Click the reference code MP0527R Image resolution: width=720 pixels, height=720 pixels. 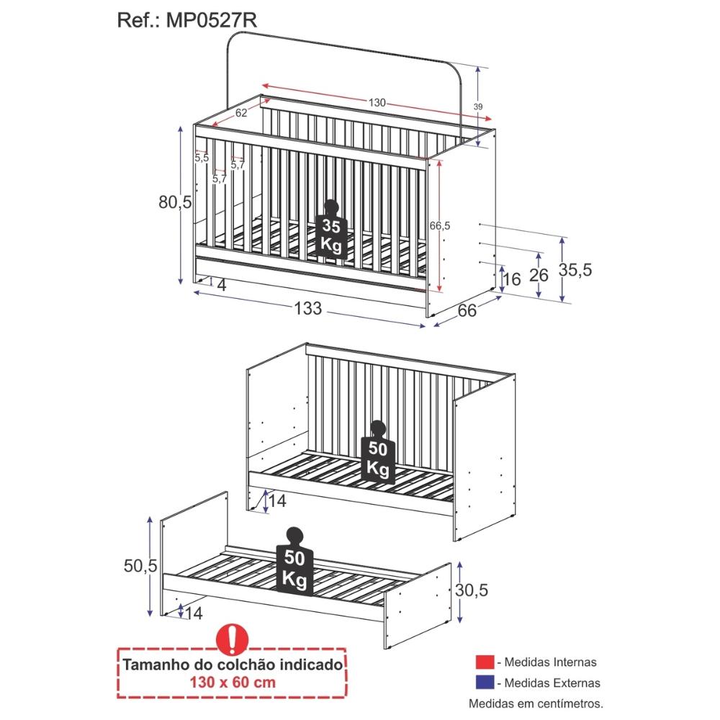tap(211, 20)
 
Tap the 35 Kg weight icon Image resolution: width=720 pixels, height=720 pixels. tap(331, 229)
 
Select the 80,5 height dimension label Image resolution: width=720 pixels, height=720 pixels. tap(175, 202)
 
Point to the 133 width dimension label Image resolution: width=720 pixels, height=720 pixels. tap(307, 309)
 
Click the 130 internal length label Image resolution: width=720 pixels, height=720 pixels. tap(377, 102)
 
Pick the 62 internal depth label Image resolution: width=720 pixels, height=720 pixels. tap(241, 112)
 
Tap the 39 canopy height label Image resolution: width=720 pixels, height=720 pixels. tap(478, 107)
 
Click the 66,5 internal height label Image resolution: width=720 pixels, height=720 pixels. tap(440, 225)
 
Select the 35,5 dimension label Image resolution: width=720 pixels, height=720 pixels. tap(575, 270)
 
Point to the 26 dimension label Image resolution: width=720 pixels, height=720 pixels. tap(539, 275)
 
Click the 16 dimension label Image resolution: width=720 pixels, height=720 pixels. tap(512, 279)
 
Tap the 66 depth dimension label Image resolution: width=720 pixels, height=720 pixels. tap(467, 310)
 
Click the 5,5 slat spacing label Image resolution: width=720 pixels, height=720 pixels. tap(201, 158)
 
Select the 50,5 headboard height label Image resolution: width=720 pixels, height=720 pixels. tap(140, 566)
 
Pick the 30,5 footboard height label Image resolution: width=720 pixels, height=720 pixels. tap(472, 590)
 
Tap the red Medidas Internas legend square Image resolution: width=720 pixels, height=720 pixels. tap(485, 662)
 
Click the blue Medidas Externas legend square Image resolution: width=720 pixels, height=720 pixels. tap(485, 683)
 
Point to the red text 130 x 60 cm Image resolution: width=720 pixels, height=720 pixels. tap(233, 683)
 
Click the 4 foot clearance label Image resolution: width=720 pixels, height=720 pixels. tap(221, 285)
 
